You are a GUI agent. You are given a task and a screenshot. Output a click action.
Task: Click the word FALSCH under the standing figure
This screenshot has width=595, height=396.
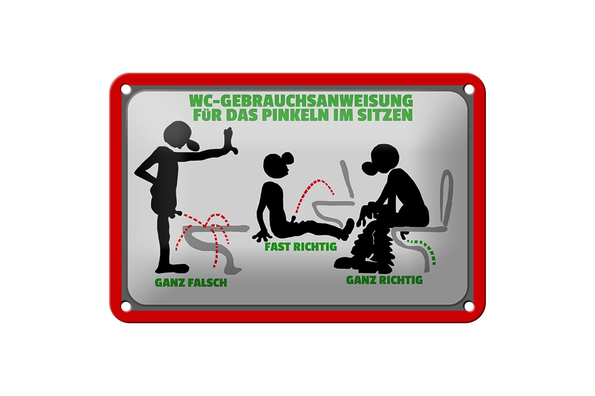208,282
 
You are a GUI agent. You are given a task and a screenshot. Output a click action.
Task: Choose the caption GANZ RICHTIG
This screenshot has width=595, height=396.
384,280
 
